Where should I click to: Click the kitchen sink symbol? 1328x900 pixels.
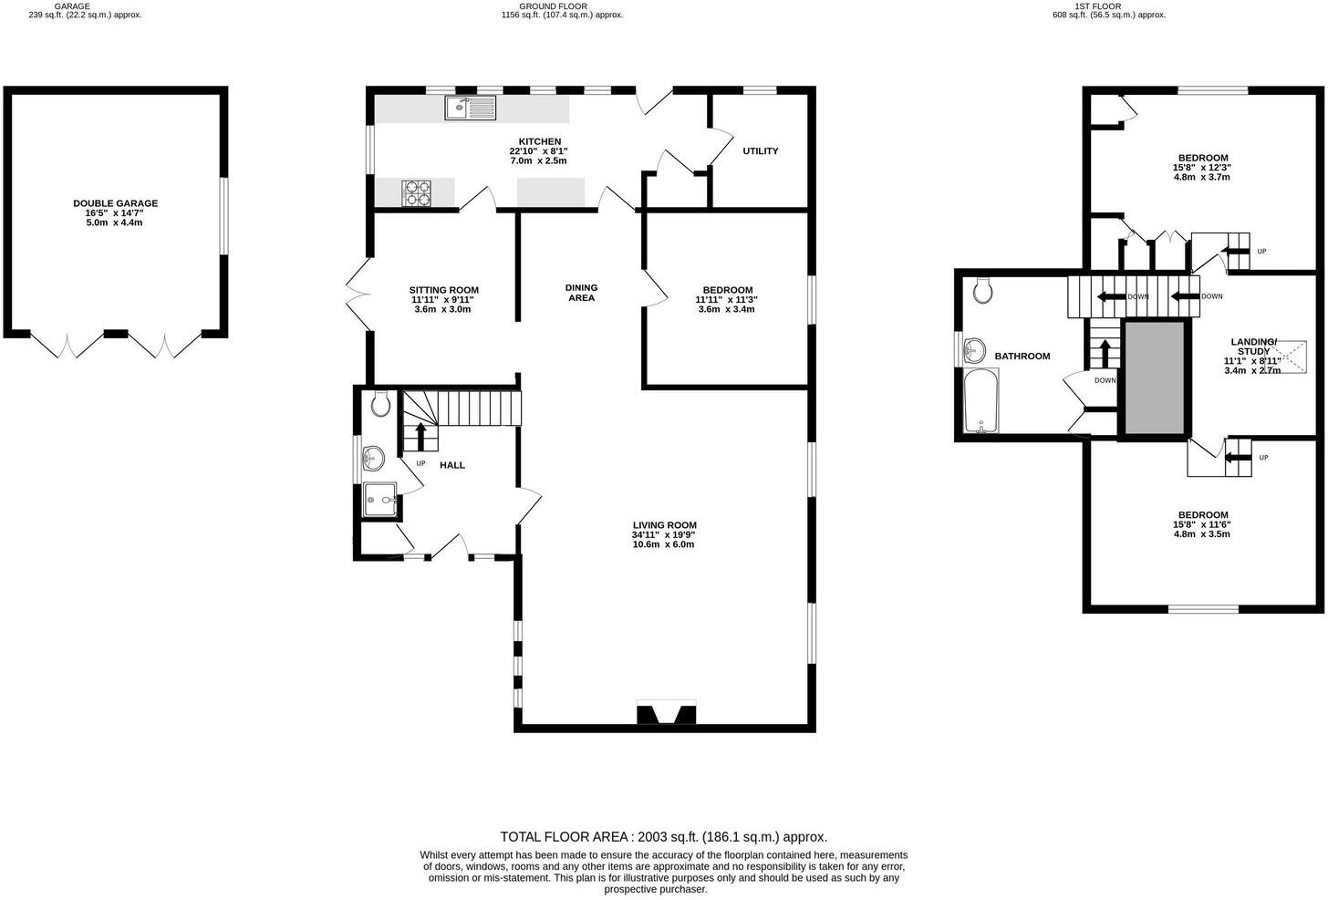[x=470, y=109]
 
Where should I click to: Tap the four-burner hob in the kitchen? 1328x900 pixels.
[x=416, y=192]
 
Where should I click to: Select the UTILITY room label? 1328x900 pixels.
[x=760, y=151]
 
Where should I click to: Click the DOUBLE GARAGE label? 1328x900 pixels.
[x=115, y=203]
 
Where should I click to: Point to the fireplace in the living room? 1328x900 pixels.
[x=666, y=712]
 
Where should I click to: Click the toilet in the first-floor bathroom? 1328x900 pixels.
[x=983, y=290]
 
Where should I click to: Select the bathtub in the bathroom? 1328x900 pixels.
[x=981, y=400]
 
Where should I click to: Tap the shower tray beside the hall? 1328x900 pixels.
[x=380, y=500]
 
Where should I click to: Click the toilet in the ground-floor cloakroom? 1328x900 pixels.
[x=381, y=405]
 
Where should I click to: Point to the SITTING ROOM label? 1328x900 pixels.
[x=443, y=290]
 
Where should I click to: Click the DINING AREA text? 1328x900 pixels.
[x=581, y=293]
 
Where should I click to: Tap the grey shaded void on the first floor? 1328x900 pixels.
[x=1155, y=378]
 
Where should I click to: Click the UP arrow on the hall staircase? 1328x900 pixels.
[x=420, y=436]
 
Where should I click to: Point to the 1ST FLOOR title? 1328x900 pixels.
[x=1109, y=6]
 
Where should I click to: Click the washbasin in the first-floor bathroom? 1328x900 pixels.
[x=975, y=348]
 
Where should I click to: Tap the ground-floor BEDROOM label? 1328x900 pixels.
[x=726, y=290]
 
